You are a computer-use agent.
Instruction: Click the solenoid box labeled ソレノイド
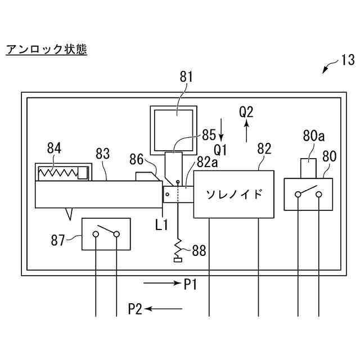(x=233, y=194)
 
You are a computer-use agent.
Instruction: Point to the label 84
(x=55, y=148)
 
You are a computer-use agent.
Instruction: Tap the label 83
(x=102, y=153)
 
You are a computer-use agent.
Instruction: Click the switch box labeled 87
(x=106, y=233)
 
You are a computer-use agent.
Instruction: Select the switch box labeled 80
(x=308, y=194)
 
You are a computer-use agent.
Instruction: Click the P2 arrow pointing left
(x=165, y=308)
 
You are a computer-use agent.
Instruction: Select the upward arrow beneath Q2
(x=246, y=133)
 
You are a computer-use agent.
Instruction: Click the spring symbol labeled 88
(x=178, y=247)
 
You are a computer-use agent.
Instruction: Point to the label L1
(x=162, y=225)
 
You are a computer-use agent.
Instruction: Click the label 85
(x=209, y=136)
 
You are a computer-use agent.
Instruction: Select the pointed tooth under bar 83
(x=70, y=214)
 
